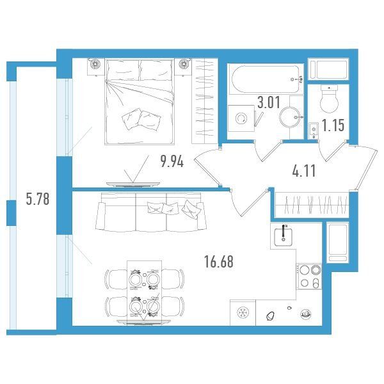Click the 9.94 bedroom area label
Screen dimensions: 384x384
tap(172, 162)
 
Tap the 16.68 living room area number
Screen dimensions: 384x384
tap(219, 262)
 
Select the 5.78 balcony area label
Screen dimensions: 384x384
tap(38, 198)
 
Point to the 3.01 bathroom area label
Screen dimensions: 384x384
tap(269, 102)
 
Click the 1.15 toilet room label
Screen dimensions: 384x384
tap(333, 125)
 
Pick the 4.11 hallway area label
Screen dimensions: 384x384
tap(304, 171)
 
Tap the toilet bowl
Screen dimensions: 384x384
tap(329, 99)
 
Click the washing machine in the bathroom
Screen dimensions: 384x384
tap(241, 118)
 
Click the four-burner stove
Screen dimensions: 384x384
tap(309, 276)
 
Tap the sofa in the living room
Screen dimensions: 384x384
tap(151, 212)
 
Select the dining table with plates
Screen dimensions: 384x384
tap(145, 293)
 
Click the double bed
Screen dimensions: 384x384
tap(140, 101)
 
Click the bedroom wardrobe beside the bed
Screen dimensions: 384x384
tap(205, 101)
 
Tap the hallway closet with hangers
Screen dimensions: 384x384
tap(312, 205)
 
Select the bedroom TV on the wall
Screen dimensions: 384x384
tap(133, 184)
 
